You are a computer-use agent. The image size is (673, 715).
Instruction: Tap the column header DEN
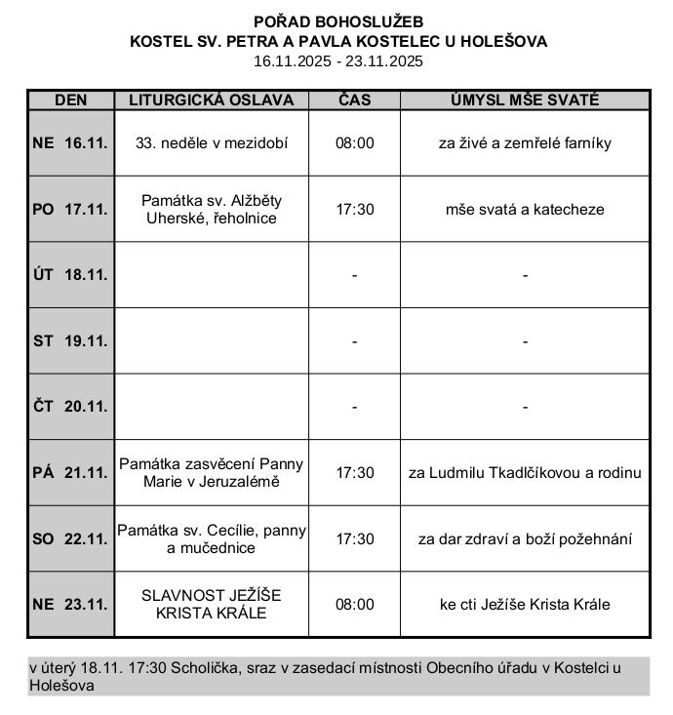click(70, 100)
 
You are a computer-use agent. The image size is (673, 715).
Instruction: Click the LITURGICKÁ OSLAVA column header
click(212, 100)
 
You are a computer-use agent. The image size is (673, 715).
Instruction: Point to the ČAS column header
click(354, 100)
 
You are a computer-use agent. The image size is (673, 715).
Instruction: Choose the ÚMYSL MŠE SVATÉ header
click(524, 100)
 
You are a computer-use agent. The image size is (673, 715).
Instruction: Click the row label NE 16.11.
click(70, 142)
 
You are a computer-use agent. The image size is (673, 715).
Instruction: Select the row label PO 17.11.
click(70, 209)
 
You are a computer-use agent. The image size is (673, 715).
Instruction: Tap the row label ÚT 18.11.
click(70, 275)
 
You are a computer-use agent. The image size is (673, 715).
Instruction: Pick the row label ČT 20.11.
click(70, 407)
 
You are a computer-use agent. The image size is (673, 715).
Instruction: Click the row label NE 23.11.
click(70, 605)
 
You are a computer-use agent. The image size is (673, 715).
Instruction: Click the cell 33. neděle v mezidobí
click(212, 142)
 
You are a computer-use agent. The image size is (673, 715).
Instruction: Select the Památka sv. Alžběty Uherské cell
click(212, 209)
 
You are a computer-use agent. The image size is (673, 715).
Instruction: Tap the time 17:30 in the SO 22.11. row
click(354, 538)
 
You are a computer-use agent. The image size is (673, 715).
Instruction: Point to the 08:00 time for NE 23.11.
click(354, 605)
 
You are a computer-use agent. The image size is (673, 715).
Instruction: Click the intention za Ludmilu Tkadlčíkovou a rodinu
click(524, 473)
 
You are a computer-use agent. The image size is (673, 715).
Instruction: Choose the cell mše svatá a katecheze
click(524, 209)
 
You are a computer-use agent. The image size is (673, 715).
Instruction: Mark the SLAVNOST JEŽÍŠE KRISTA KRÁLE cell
click(212, 605)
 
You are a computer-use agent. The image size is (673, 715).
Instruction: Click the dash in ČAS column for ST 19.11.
click(354, 341)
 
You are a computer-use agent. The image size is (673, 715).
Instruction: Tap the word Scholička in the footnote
click(201, 667)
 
